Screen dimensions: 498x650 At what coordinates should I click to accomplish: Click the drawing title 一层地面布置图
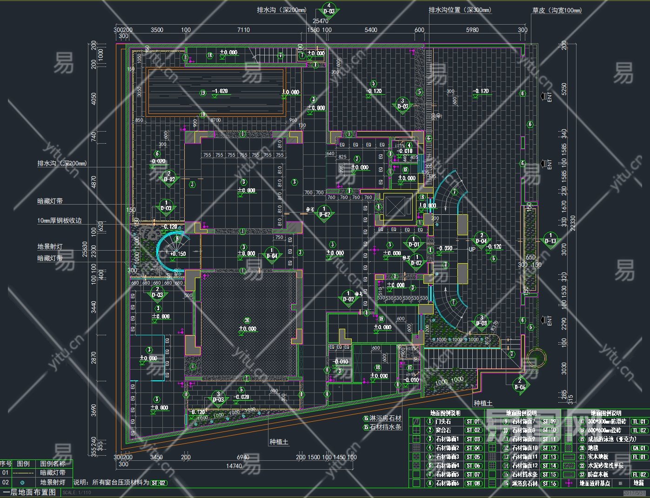[29, 492]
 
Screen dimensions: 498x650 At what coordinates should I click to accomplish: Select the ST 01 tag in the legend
[473, 421]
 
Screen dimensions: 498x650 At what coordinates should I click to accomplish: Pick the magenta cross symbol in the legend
[568, 483]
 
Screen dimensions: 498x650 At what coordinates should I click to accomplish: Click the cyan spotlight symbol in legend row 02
[22, 482]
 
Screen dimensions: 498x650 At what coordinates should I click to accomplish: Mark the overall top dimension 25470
[320, 21]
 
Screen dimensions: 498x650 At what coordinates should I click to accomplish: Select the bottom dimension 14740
[234, 465]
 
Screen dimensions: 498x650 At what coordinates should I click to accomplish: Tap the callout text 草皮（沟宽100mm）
[557, 10]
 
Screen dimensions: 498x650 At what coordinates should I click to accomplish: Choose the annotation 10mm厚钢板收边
[60, 220]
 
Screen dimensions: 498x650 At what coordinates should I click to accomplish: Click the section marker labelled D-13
[550, 239]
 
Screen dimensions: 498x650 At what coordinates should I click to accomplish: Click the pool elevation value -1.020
[220, 91]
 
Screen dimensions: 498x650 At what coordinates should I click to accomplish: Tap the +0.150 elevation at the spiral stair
[178, 254]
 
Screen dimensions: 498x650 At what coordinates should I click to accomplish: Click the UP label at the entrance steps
[472, 249]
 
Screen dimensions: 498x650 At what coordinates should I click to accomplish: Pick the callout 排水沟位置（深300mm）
[460, 10]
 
